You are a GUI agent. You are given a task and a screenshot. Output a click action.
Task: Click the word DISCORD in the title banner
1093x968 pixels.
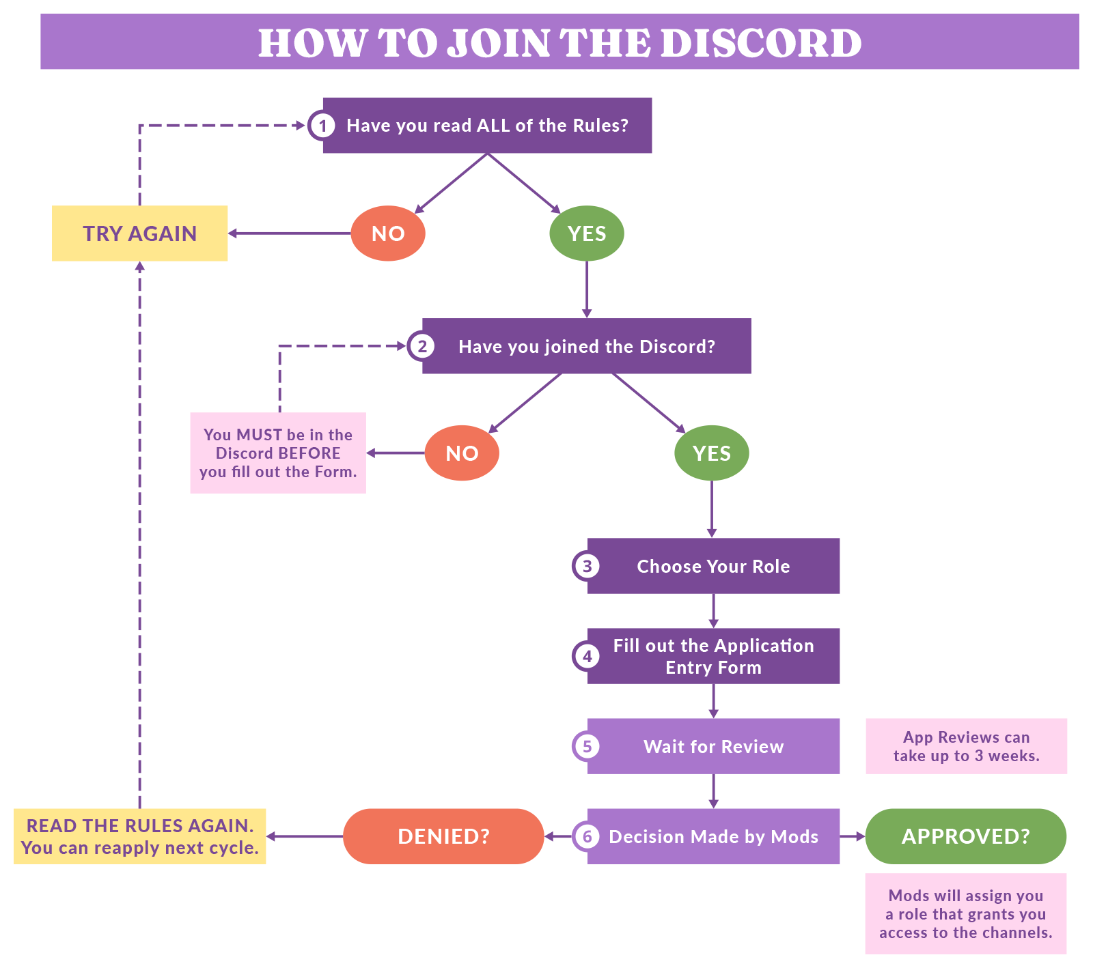click(x=760, y=43)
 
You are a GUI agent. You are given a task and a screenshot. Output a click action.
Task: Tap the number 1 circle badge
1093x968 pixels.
click(x=322, y=126)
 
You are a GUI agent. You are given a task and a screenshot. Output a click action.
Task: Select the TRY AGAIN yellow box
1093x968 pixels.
click(x=140, y=233)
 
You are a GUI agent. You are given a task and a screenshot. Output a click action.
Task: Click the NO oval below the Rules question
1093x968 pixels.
click(x=388, y=233)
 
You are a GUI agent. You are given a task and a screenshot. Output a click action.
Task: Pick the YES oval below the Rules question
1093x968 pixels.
click(x=587, y=233)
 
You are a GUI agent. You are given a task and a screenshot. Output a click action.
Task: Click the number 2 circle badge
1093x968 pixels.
click(x=422, y=346)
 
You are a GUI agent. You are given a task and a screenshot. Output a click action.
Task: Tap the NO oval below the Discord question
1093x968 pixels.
click(x=462, y=453)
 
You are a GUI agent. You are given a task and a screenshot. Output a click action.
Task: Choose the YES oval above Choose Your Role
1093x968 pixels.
click(x=712, y=453)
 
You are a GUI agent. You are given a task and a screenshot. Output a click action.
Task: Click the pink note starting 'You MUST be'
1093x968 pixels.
click(x=278, y=453)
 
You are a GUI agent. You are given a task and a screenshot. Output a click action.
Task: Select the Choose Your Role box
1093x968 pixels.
click(x=713, y=566)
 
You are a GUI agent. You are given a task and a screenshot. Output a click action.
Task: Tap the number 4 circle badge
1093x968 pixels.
click(x=587, y=656)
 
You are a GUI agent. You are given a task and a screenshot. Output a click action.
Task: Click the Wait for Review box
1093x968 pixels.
click(x=713, y=746)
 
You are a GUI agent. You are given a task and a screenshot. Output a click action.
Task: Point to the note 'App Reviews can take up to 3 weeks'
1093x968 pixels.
click(x=966, y=746)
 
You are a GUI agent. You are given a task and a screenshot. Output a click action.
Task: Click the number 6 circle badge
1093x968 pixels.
click(x=587, y=836)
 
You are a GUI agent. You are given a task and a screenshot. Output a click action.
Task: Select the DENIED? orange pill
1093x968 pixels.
click(x=443, y=836)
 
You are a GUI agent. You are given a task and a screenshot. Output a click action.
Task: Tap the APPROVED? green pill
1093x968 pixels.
click(x=965, y=836)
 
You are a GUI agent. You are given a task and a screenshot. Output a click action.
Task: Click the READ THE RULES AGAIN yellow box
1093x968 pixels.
click(x=140, y=836)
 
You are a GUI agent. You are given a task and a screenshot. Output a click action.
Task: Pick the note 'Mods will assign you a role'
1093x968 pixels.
click(x=965, y=913)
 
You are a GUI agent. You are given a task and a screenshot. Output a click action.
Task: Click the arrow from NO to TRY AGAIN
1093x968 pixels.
click(x=290, y=233)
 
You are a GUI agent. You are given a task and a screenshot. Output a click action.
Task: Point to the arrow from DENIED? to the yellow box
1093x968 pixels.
click(x=305, y=836)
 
